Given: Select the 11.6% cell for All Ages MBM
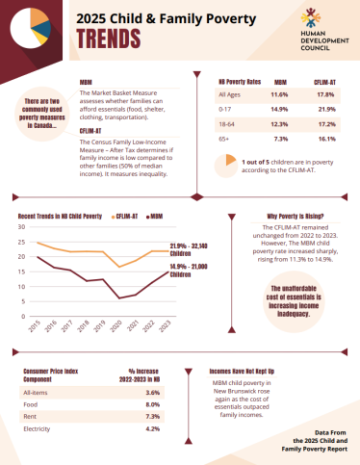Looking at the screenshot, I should coord(279,94).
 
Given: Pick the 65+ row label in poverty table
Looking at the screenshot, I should coord(224,140).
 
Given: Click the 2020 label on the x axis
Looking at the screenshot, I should coord(116,327).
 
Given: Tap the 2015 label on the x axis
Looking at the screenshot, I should coord(34,327).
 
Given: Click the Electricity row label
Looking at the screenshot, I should coord(40,428).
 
